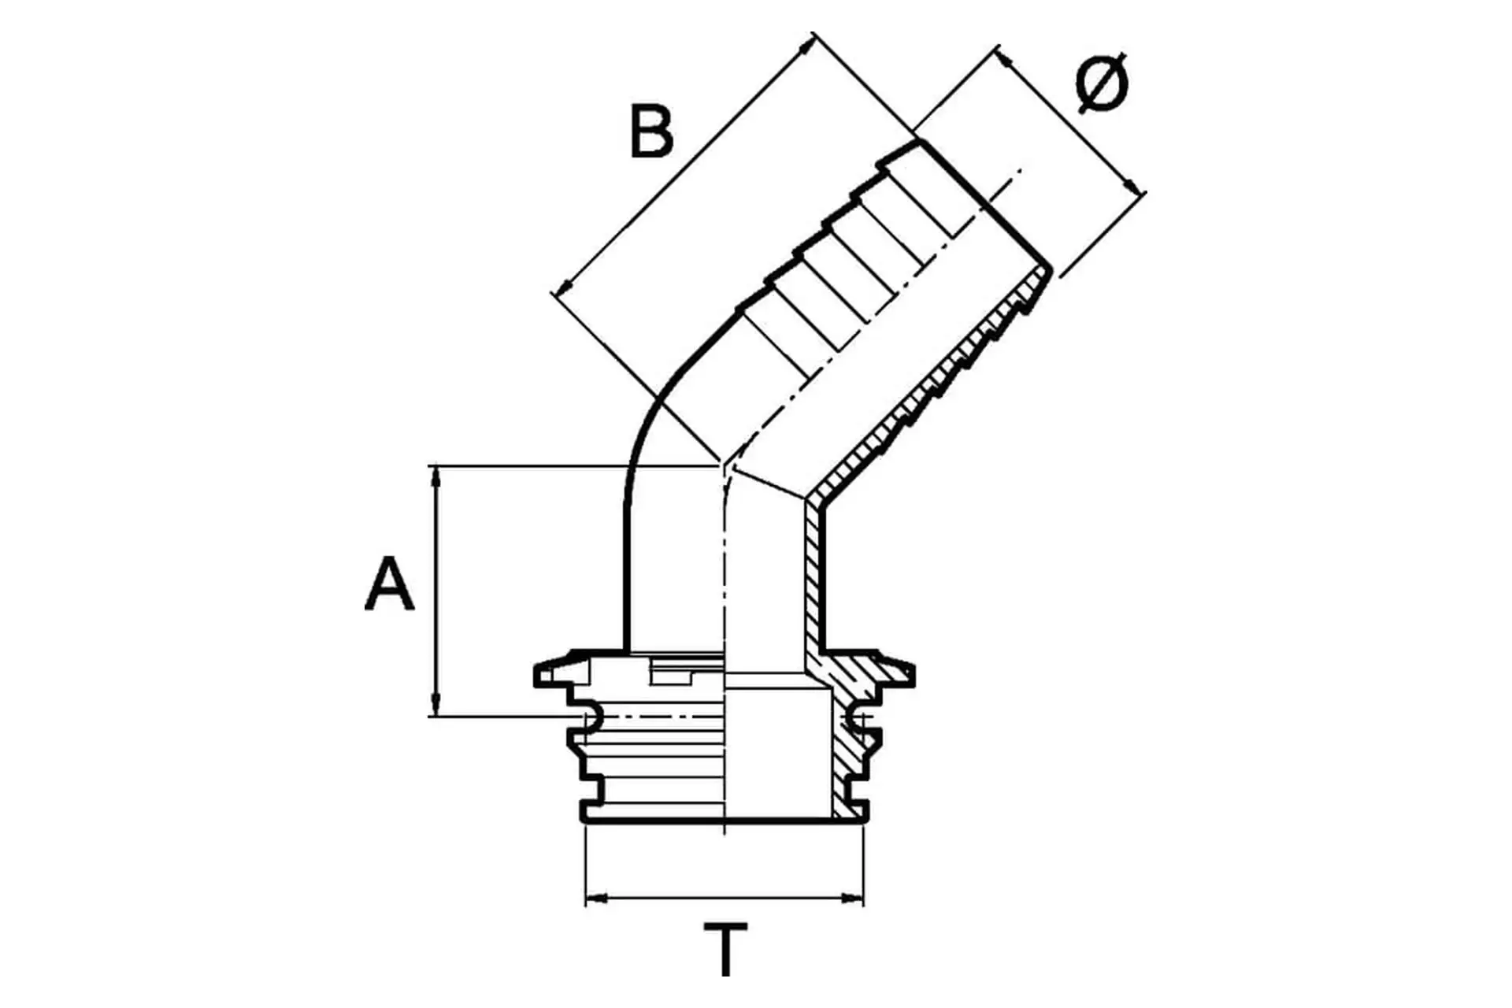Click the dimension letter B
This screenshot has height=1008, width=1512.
click(651, 131)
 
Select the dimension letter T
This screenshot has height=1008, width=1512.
click(725, 950)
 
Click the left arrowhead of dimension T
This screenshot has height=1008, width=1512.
click(597, 897)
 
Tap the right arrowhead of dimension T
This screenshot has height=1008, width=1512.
click(853, 897)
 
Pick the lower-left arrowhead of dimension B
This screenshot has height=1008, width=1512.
click(563, 288)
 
